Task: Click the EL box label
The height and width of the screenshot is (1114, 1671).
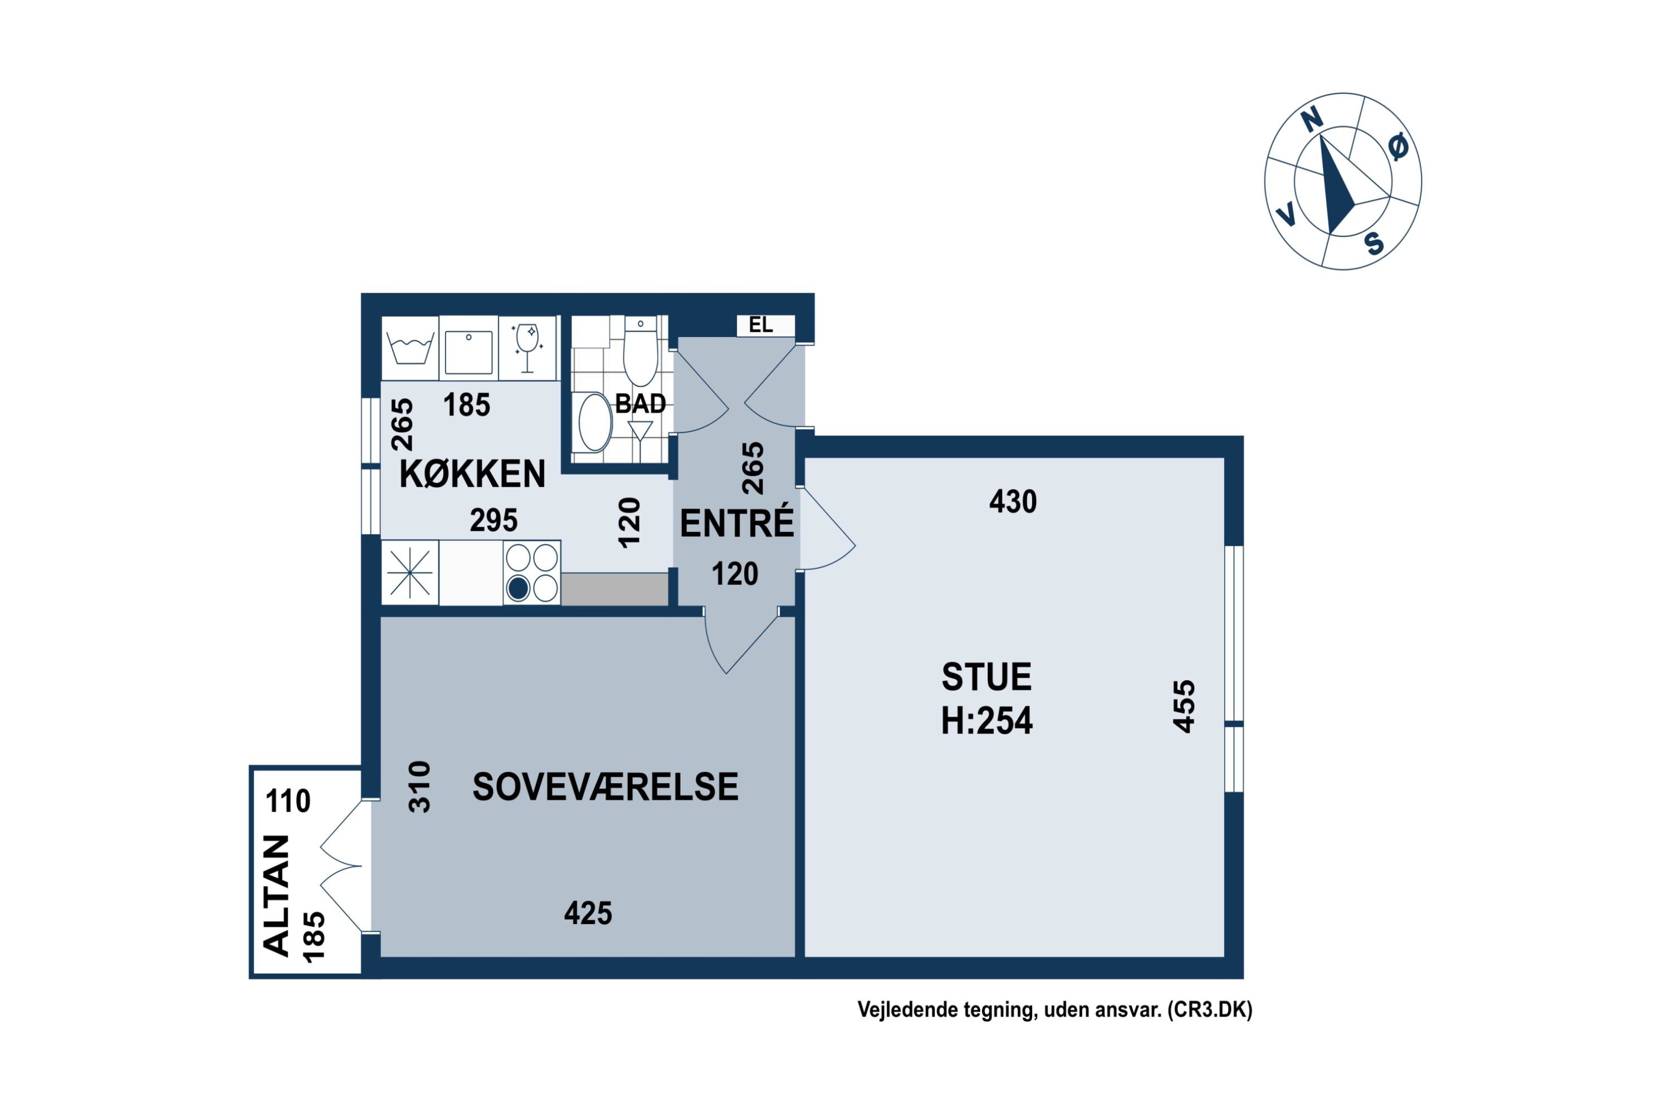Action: tap(760, 325)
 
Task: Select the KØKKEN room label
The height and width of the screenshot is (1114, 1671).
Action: tap(472, 474)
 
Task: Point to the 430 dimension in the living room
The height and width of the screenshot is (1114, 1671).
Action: tap(1013, 502)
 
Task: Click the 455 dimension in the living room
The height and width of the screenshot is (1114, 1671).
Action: tap(1184, 706)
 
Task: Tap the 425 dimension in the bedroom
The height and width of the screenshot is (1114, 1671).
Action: tap(588, 913)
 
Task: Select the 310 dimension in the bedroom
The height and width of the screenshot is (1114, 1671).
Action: tap(419, 786)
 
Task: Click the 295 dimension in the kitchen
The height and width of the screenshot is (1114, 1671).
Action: tap(493, 521)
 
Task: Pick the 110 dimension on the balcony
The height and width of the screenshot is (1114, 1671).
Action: tap(288, 802)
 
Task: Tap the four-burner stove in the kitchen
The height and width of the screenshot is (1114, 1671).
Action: tap(531, 573)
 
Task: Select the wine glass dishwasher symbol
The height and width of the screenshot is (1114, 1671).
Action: tap(526, 348)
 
